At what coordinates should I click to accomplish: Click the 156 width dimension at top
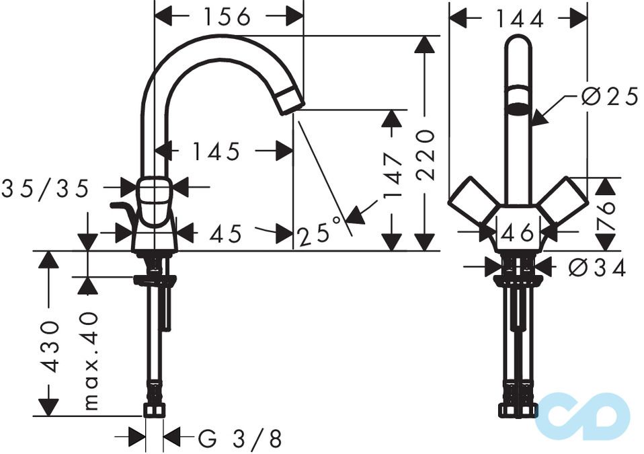tap(228, 17)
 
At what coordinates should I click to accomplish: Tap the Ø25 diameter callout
tap(608, 98)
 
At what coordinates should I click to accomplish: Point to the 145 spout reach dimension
tap(216, 152)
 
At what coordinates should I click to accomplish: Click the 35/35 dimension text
tap(45, 189)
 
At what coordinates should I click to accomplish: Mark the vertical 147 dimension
tap(393, 176)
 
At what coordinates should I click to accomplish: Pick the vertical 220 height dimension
tap(425, 155)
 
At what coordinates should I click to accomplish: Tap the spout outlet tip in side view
tap(291, 102)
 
